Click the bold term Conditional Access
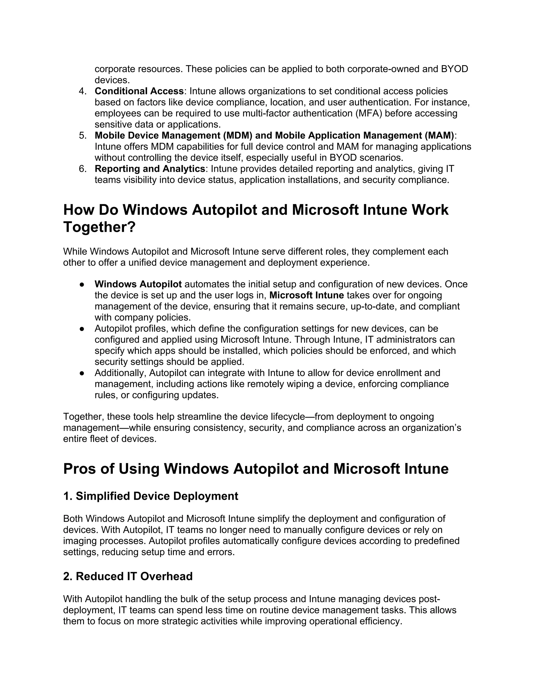pyautogui.click(x=139, y=91)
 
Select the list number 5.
pyautogui.click(x=82, y=136)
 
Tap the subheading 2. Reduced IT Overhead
pyautogui.click(x=128, y=576)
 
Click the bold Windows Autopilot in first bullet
pyautogui.click(x=138, y=284)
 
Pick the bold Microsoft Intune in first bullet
pyautogui.click(x=306, y=295)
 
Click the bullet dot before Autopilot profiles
pyautogui.click(x=82, y=329)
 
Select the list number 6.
pyautogui.click(x=82, y=169)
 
